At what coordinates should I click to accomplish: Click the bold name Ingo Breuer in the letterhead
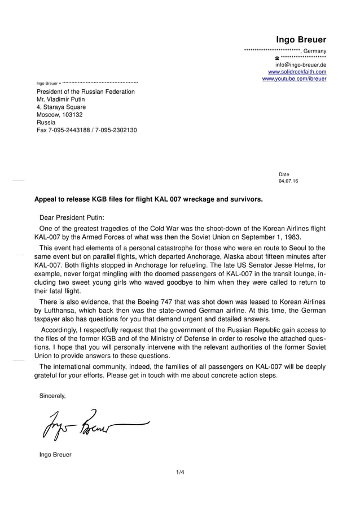[301, 40]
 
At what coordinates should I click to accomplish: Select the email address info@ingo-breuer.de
[297, 65]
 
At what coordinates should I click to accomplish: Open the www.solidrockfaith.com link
[297, 72]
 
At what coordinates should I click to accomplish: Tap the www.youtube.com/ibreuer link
[294, 79]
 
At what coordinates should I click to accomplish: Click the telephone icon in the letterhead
[277, 58]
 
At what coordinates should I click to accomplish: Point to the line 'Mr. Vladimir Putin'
[61, 99]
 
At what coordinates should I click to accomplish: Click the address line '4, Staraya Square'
[61, 107]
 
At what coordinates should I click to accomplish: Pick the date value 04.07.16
[288, 181]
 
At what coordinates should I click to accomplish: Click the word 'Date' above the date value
[284, 175]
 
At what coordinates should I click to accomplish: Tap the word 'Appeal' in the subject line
[46, 199]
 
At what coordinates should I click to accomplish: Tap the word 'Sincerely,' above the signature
[52, 396]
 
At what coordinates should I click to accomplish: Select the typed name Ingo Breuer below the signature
[55, 454]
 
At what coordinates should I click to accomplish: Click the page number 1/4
[180, 472]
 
